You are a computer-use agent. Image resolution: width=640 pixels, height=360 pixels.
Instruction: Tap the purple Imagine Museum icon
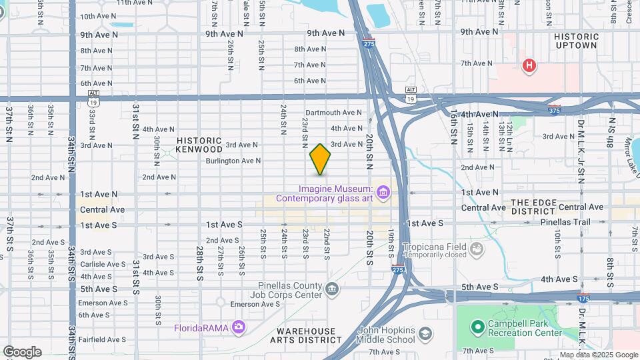click(x=383, y=193)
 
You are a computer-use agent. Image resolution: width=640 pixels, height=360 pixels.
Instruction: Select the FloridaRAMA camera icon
click(x=239, y=327)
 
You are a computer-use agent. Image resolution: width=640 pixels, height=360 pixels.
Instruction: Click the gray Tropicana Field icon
click(x=477, y=250)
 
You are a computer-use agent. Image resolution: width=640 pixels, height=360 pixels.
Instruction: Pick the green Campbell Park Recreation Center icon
click(x=477, y=327)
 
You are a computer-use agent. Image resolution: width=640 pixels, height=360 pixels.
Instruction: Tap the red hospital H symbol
click(x=529, y=65)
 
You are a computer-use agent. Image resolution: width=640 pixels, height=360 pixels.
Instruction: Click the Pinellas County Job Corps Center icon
click(x=333, y=289)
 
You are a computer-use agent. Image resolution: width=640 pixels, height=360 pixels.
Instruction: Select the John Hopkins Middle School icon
click(x=424, y=333)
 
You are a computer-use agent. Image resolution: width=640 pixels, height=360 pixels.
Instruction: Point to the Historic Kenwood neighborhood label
click(x=199, y=145)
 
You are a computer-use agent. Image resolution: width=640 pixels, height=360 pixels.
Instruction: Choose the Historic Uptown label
click(x=576, y=41)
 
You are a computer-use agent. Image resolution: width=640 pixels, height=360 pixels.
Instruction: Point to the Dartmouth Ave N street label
click(x=333, y=113)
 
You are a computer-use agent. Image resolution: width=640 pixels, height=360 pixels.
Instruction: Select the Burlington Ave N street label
click(x=233, y=161)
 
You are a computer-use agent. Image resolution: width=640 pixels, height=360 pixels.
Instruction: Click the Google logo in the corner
click(x=22, y=352)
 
